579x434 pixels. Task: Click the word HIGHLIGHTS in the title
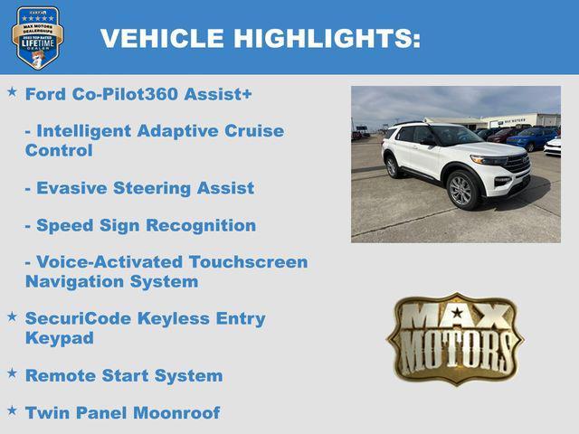click(x=327, y=38)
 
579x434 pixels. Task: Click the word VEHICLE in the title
click(x=162, y=38)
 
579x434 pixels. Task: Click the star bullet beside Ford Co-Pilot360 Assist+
click(x=12, y=91)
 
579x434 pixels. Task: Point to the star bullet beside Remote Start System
click(x=12, y=373)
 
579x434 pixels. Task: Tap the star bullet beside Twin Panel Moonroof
click(x=12, y=410)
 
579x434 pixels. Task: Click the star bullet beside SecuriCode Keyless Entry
click(x=12, y=316)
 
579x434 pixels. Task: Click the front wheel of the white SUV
click(x=461, y=190)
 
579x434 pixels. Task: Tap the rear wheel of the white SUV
click(x=393, y=166)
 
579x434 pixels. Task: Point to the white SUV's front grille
click(x=517, y=165)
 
